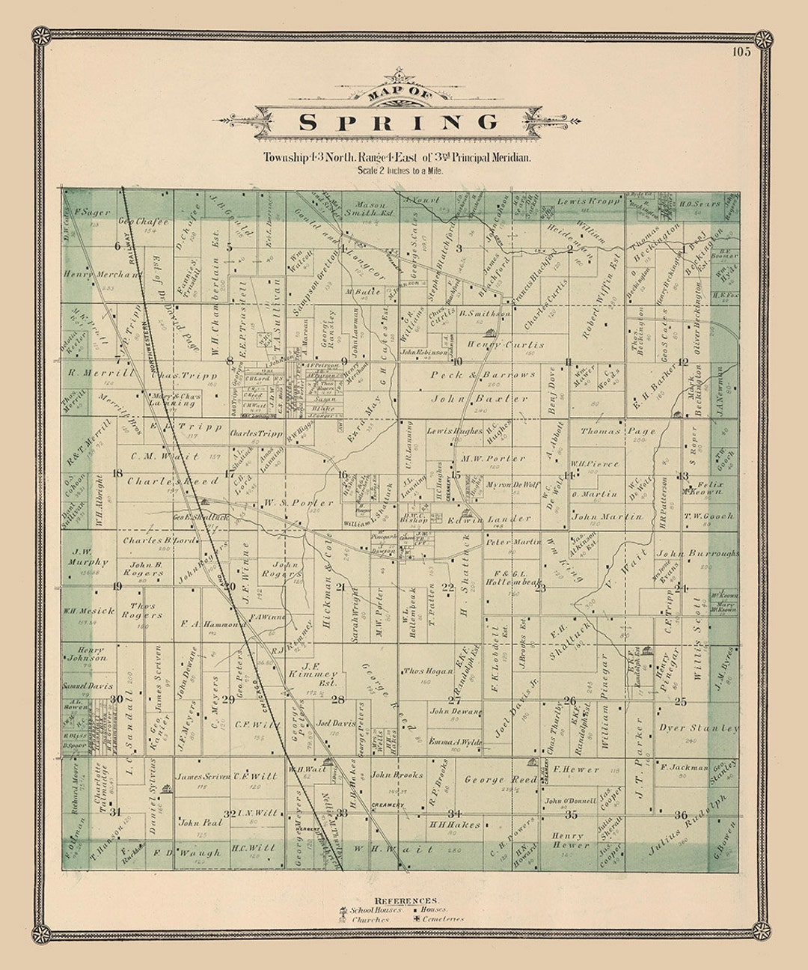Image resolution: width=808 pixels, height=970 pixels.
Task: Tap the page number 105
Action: (741, 52)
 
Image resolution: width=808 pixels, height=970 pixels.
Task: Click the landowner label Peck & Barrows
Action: (483, 374)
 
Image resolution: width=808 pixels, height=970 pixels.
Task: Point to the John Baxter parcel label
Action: (479, 399)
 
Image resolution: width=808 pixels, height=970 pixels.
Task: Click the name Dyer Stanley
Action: (698, 727)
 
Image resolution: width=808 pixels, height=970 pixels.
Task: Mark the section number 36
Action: (680, 814)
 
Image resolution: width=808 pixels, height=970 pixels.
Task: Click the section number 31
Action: (114, 811)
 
